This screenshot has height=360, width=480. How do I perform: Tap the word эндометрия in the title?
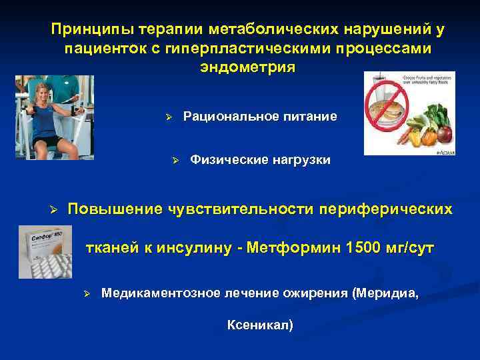click(247, 68)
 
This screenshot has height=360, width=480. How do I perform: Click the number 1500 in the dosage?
click(367, 249)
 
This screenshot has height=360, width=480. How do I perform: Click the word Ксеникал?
click(259, 325)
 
